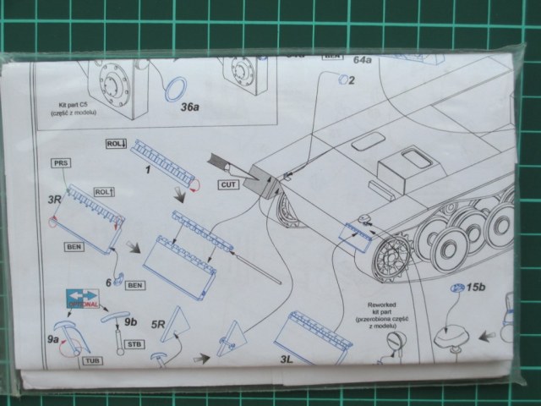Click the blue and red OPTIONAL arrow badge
[82, 298]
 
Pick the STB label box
[134, 345]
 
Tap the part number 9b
[130, 321]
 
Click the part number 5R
[159, 325]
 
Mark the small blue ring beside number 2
[342, 80]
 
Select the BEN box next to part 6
[134, 285]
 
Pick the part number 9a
[54, 339]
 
